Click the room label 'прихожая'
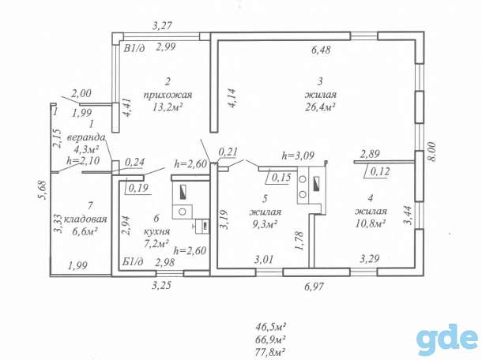[168, 95]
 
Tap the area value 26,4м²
[320, 107]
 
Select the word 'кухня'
[156, 231]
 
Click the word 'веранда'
[86, 137]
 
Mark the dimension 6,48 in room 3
[322, 50]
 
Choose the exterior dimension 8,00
[432, 152]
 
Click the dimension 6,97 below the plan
[314, 287]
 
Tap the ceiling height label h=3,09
[298, 156]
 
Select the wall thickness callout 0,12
[379, 171]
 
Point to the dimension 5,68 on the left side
[42, 191]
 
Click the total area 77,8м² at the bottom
[270, 351]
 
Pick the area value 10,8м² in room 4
[371, 223]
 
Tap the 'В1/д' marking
[134, 48]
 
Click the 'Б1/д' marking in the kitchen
[133, 262]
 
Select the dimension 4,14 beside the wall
[232, 98]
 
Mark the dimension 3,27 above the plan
[162, 25]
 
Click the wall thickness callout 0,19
[138, 188]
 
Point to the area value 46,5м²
[271, 326]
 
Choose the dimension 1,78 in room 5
[299, 241]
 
